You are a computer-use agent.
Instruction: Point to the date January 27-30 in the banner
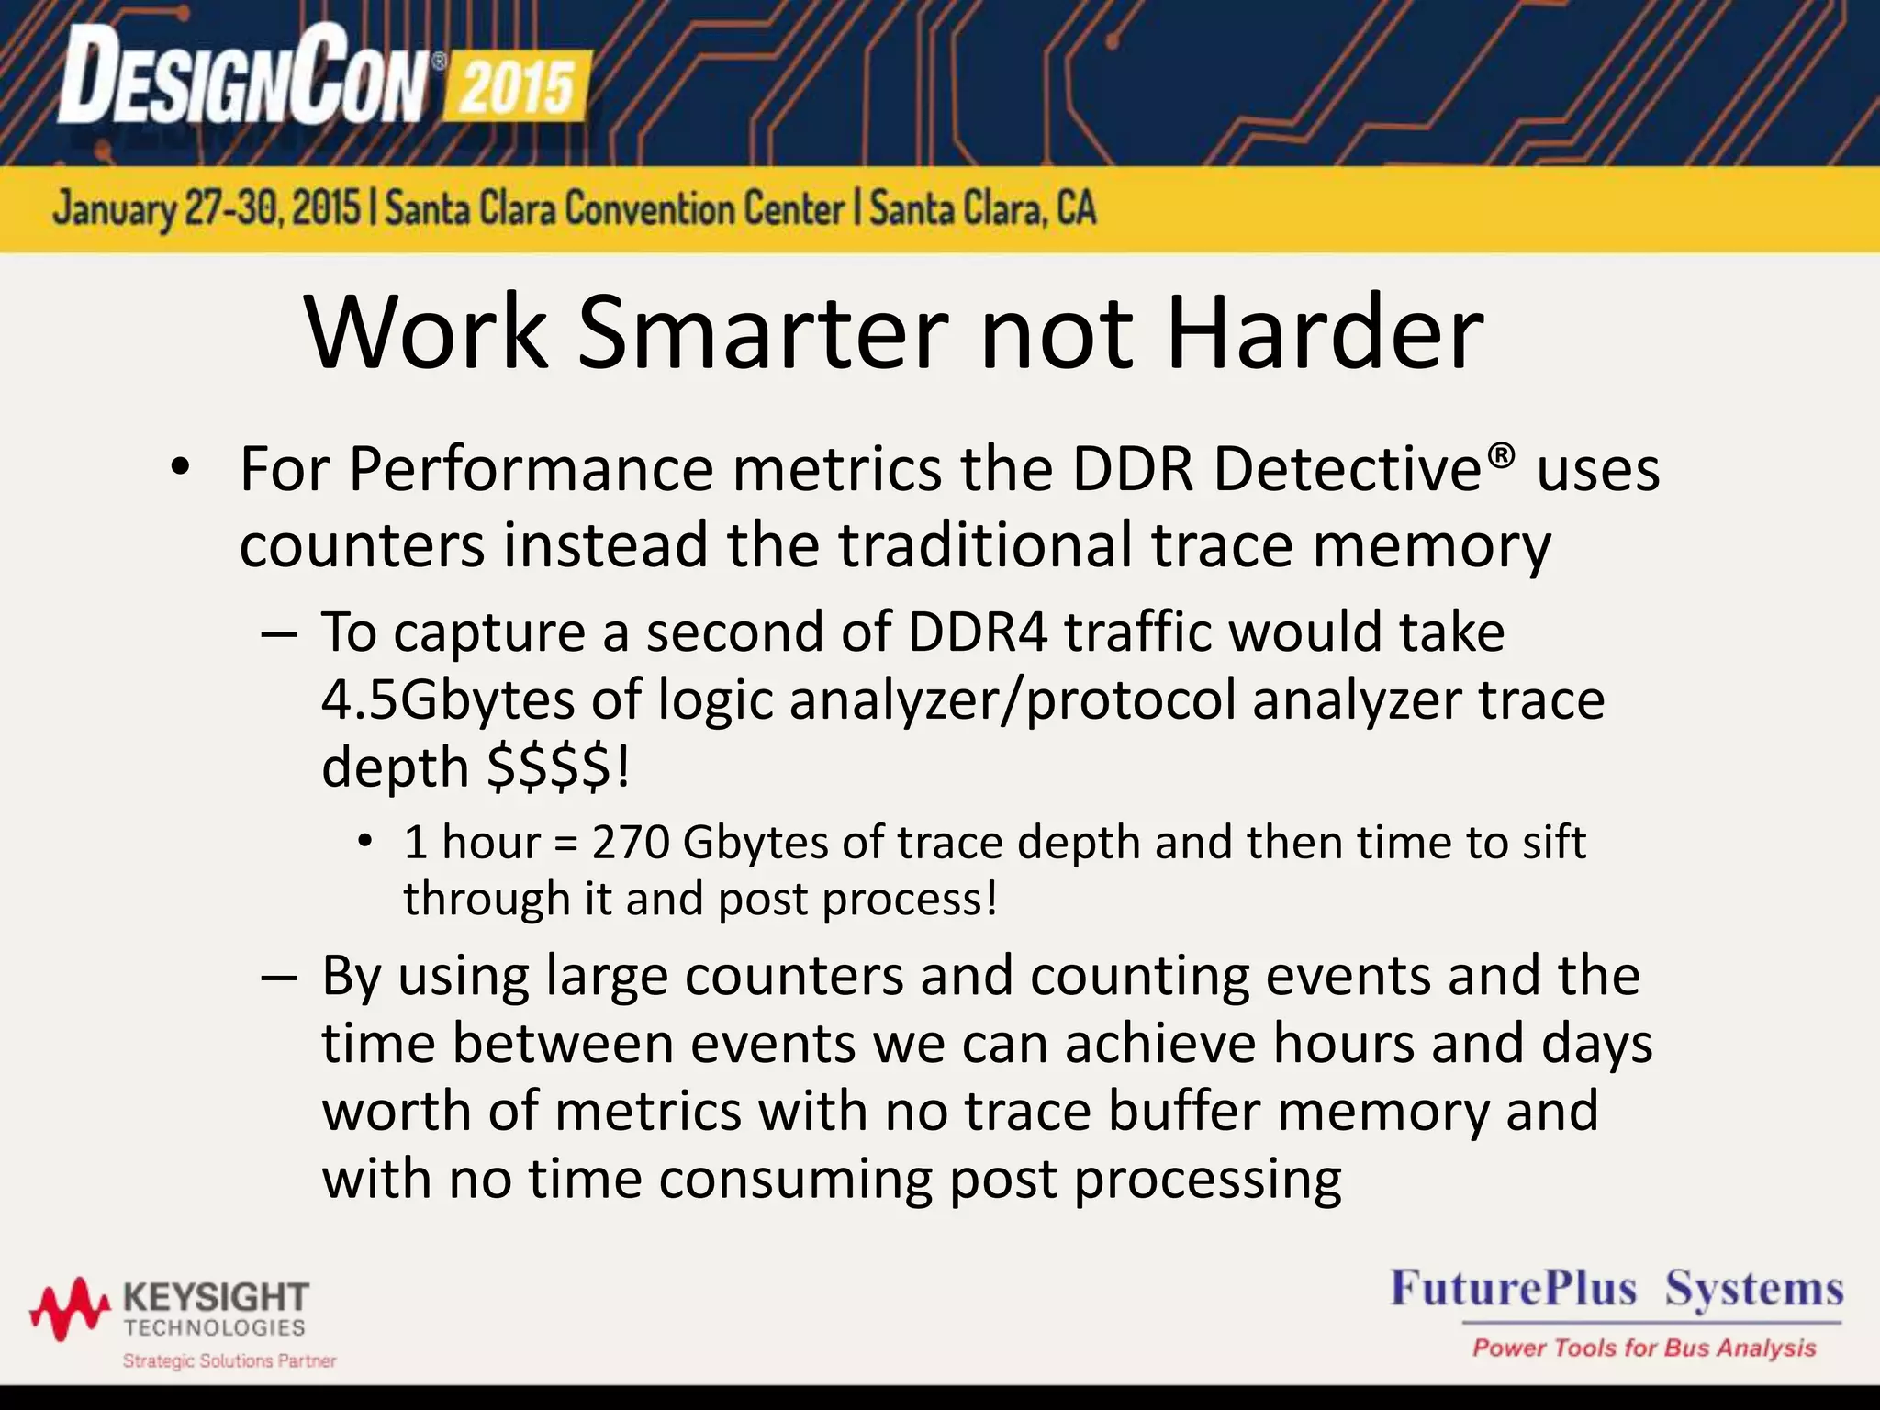(207, 209)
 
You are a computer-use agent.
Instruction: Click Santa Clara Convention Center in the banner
(614, 209)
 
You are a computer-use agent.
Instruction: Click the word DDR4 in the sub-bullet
(978, 632)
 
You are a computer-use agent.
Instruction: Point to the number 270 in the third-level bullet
(631, 842)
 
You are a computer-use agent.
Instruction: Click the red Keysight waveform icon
(70, 1308)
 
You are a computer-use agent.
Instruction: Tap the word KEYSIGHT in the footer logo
(216, 1298)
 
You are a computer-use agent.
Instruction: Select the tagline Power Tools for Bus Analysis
(1644, 1348)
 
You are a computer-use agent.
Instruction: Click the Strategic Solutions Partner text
(229, 1360)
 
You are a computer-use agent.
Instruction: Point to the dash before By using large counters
(278, 977)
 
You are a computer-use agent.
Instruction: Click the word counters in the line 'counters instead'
(362, 545)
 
